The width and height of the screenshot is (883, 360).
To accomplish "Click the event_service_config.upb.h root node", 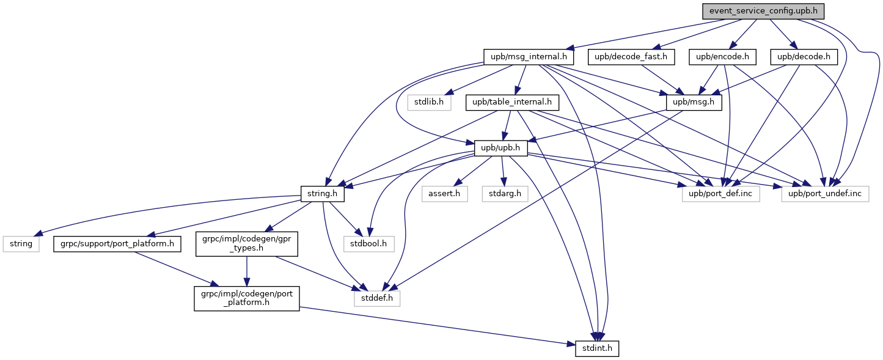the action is coord(763,11).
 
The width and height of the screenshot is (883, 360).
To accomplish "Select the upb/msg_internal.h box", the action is coord(529,57).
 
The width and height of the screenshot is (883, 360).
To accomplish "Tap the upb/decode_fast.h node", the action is coord(631,57).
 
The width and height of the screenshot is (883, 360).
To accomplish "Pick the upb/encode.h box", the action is coord(722,57).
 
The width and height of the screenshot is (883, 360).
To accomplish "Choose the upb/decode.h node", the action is coord(804,57).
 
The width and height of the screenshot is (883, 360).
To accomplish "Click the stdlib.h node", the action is coord(429,103).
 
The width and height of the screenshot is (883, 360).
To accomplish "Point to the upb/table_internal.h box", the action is coord(512,103).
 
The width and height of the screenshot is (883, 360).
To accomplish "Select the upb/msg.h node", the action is coord(694,103).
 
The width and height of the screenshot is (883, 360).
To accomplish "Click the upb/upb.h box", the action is coord(500,149).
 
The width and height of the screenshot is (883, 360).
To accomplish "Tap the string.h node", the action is coord(323,194).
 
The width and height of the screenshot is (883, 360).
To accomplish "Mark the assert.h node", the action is coord(445,194).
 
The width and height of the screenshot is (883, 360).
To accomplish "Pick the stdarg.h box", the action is coord(505,194).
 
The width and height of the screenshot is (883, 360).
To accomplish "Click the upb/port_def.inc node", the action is coord(720,194).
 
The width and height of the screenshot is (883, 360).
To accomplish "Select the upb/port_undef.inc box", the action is coord(825,194).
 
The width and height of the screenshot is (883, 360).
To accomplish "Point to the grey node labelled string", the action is coord(21,244).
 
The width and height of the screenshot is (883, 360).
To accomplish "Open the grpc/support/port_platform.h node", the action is coord(117,244).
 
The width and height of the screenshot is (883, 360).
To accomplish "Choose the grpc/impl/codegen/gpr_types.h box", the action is coord(247,244).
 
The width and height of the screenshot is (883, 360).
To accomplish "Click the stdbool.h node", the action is coord(369,244).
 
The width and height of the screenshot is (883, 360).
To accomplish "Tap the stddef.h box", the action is coord(377,298).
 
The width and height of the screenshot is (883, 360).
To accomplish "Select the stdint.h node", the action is coord(597,348).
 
